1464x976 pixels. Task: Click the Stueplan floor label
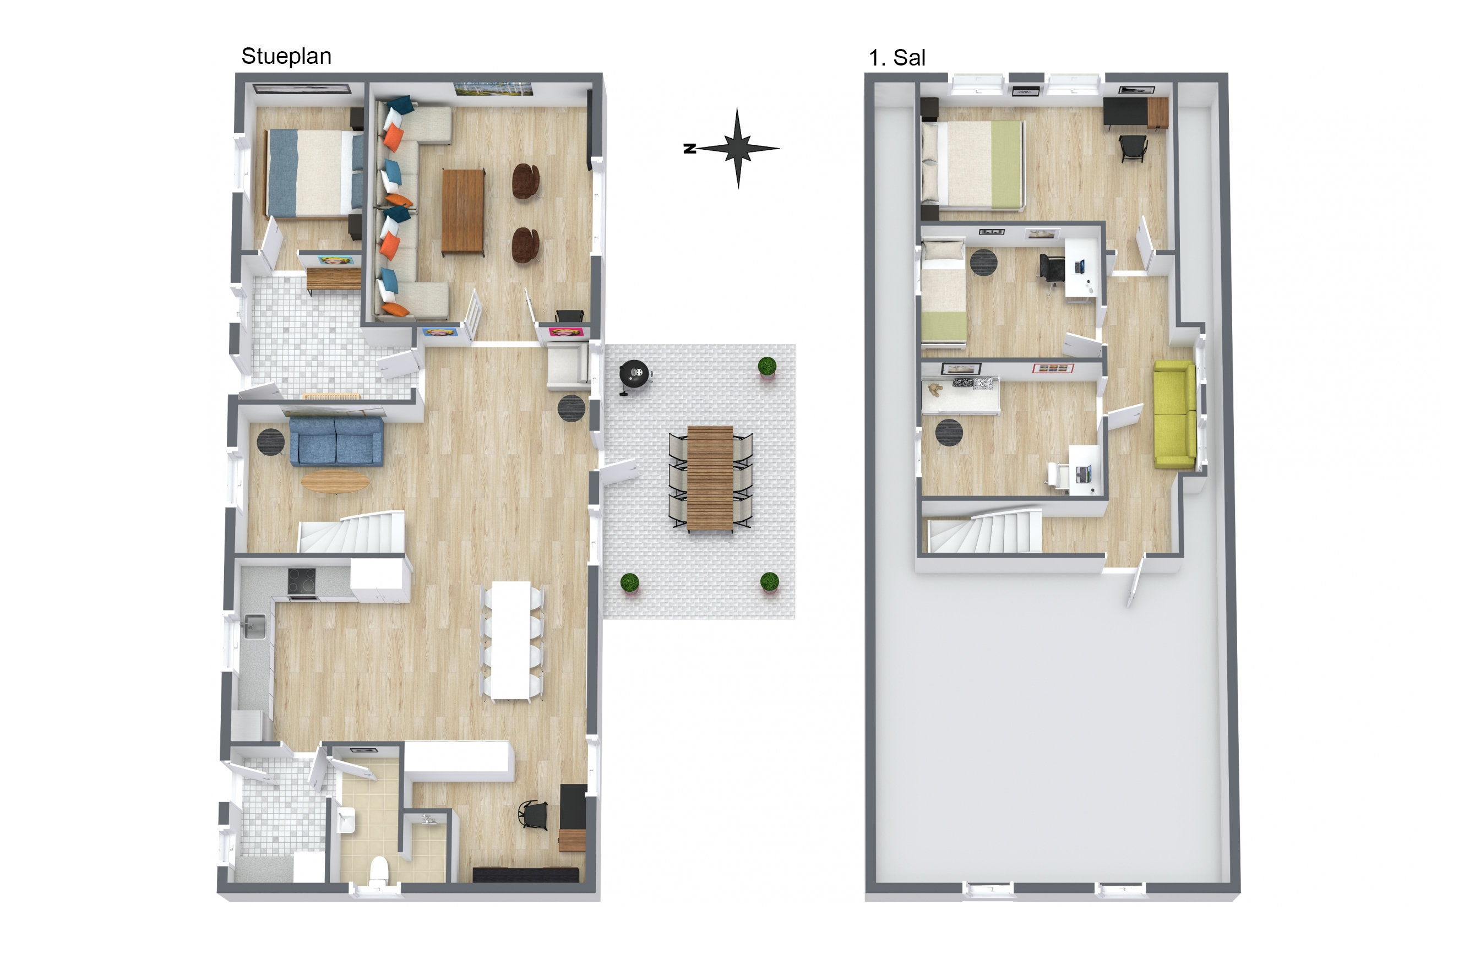coord(286,56)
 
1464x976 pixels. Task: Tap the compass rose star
coord(738,148)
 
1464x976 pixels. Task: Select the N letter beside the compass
coord(689,148)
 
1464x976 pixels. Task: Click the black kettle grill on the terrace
coord(634,374)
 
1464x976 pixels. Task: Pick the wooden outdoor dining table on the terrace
coord(710,477)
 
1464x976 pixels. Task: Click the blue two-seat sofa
coord(336,441)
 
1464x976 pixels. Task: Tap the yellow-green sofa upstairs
coord(1174,415)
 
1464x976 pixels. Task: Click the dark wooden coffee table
coord(462,211)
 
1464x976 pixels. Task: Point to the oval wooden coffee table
coord(335,481)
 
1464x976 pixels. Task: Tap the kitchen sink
coord(254,625)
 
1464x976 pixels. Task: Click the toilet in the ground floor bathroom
coord(378,869)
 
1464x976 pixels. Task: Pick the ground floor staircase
coord(352,532)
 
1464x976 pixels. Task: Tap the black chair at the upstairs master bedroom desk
coord(1133,148)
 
